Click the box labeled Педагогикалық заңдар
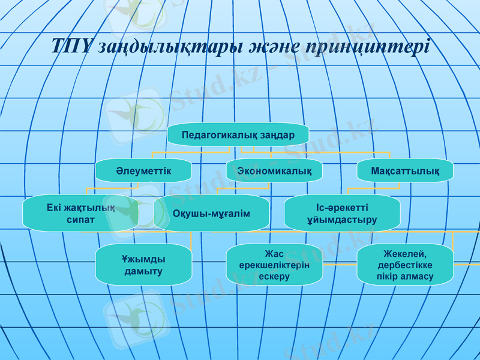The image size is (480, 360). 238,135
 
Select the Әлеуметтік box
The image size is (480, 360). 144,171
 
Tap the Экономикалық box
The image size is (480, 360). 274,171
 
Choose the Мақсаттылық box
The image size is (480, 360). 405,171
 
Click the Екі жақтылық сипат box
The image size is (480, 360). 80,214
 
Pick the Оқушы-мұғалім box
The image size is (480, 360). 211,214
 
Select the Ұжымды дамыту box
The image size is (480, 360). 144,265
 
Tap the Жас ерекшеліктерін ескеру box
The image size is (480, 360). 274,265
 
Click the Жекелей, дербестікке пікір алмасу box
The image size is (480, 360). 405,265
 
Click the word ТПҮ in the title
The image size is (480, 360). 71,47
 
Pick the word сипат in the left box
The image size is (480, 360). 80,220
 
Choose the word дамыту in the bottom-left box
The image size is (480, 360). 143,271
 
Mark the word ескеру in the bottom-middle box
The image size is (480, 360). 275,277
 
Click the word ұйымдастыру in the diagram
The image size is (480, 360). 341,220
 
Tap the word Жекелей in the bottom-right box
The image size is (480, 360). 405,254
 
